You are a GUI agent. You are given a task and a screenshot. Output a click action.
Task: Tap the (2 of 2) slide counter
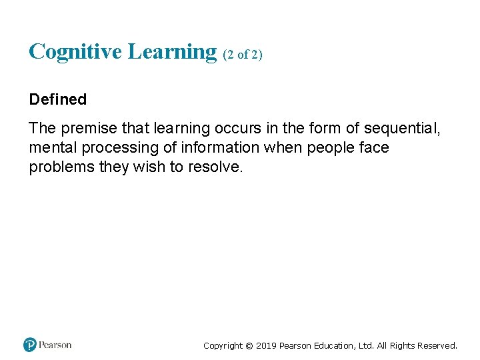[243, 55]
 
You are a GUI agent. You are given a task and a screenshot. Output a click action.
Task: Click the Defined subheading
[58, 99]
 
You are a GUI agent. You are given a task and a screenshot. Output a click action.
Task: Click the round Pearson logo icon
[30, 345]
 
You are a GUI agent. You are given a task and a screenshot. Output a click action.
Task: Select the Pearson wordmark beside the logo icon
[55, 345]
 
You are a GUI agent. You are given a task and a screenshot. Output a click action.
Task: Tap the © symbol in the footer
[249, 345]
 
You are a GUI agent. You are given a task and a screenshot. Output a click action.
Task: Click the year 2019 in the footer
[267, 345]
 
